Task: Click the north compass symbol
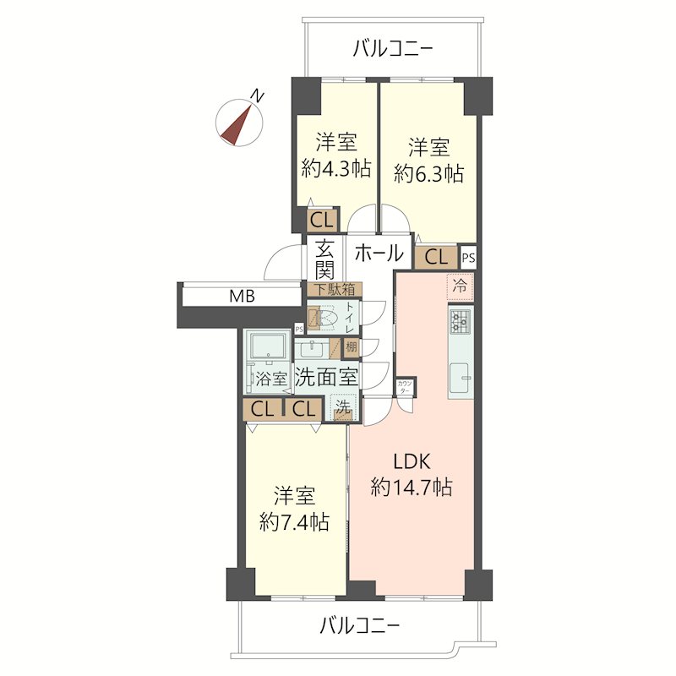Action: pyautogui.click(x=240, y=121)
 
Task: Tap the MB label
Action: pyautogui.click(x=242, y=297)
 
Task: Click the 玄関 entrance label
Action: pyautogui.click(x=325, y=259)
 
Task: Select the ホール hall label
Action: pyautogui.click(x=378, y=252)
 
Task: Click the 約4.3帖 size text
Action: pyautogui.click(x=336, y=169)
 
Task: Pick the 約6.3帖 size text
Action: pyautogui.click(x=428, y=173)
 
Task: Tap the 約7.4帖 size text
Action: pyautogui.click(x=294, y=521)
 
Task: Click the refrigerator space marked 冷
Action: pyautogui.click(x=461, y=286)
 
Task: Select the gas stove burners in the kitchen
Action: pyautogui.click(x=461, y=321)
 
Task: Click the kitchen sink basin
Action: pyautogui.click(x=461, y=376)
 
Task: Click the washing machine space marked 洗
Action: pyautogui.click(x=342, y=407)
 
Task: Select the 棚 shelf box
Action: pyautogui.click(x=350, y=346)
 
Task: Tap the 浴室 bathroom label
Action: pyautogui.click(x=270, y=379)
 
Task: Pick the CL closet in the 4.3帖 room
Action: pyautogui.click(x=320, y=221)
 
